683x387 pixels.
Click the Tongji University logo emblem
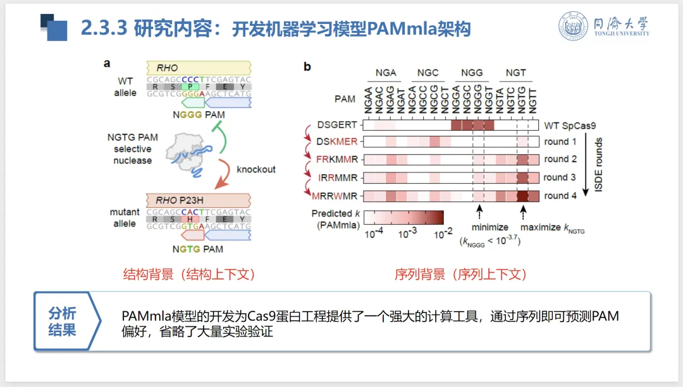(574, 27)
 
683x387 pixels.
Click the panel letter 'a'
(107, 63)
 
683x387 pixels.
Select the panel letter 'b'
(307, 66)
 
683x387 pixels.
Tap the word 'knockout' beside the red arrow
(256, 169)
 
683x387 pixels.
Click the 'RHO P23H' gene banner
(197, 201)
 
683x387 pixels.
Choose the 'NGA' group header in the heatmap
(386, 73)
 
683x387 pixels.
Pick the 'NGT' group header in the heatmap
(515, 73)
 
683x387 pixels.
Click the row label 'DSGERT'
(337, 125)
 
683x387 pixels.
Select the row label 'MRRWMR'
(336, 196)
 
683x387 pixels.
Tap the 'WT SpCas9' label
(569, 125)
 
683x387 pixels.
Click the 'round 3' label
(560, 177)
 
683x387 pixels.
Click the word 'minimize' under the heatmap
(490, 227)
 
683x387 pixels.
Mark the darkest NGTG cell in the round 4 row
(522, 196)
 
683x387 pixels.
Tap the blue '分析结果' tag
(62, 321)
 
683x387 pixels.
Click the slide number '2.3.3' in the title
(104, 28)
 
